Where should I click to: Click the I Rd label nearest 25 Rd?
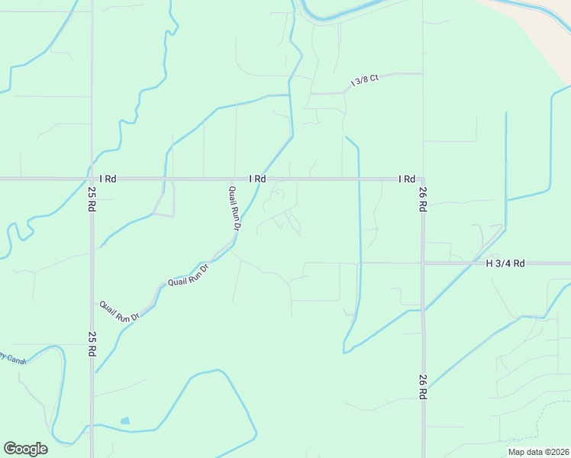click(x=108, y=179)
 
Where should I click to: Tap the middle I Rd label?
click(x=257, y=179)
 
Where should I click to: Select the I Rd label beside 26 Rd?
click(x=406, y=179)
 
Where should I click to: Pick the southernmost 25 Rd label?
click(x=92, y=344)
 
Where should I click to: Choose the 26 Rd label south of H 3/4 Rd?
click(x=422, y=387)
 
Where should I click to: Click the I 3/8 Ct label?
click(x=364, y=80)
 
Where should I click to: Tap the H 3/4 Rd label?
click(x=505, y=263)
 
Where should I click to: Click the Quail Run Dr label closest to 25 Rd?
click(x=120, y=311)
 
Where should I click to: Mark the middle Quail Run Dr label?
click(x=188, y=276)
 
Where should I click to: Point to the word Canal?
click(x=17, y=360)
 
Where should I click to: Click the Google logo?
click(x=25, y=449)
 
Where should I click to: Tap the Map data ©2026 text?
click(x=538, y=452)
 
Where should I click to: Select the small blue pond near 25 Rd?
click(x=124, y=421)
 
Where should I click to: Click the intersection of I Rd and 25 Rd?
click(x=92, y=179)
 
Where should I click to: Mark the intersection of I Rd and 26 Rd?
click(x=422, y=179)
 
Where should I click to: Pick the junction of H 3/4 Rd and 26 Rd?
click(x=422, y=263)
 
